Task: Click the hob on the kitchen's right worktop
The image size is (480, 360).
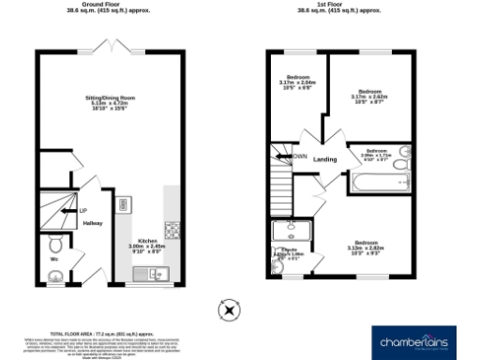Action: coord(172,229)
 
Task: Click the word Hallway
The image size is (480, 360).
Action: coord(92,223)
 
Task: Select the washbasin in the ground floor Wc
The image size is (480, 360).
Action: coord(56,276)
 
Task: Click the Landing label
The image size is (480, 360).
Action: coord(325,159)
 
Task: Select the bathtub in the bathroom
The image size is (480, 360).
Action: coord(378,182)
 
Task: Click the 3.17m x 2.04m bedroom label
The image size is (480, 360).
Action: coord(298,82)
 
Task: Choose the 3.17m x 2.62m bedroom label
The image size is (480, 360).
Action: coord(369,94)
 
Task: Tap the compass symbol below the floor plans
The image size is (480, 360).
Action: coord(228,309)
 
